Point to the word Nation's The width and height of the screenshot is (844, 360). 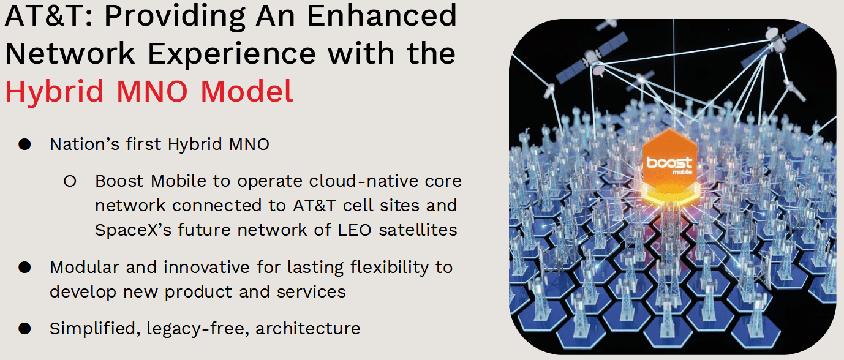coord(79,144)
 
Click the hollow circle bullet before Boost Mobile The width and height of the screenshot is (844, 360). coord(70,182)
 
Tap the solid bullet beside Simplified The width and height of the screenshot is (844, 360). coord(24,329)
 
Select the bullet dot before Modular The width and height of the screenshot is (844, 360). coord(24,268)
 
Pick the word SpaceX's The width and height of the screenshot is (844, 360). coord(129,230)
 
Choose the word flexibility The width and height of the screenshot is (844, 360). coord(367,268)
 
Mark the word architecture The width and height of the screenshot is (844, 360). coord(308,329)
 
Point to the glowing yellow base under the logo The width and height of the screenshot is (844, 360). coord(670,199)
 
